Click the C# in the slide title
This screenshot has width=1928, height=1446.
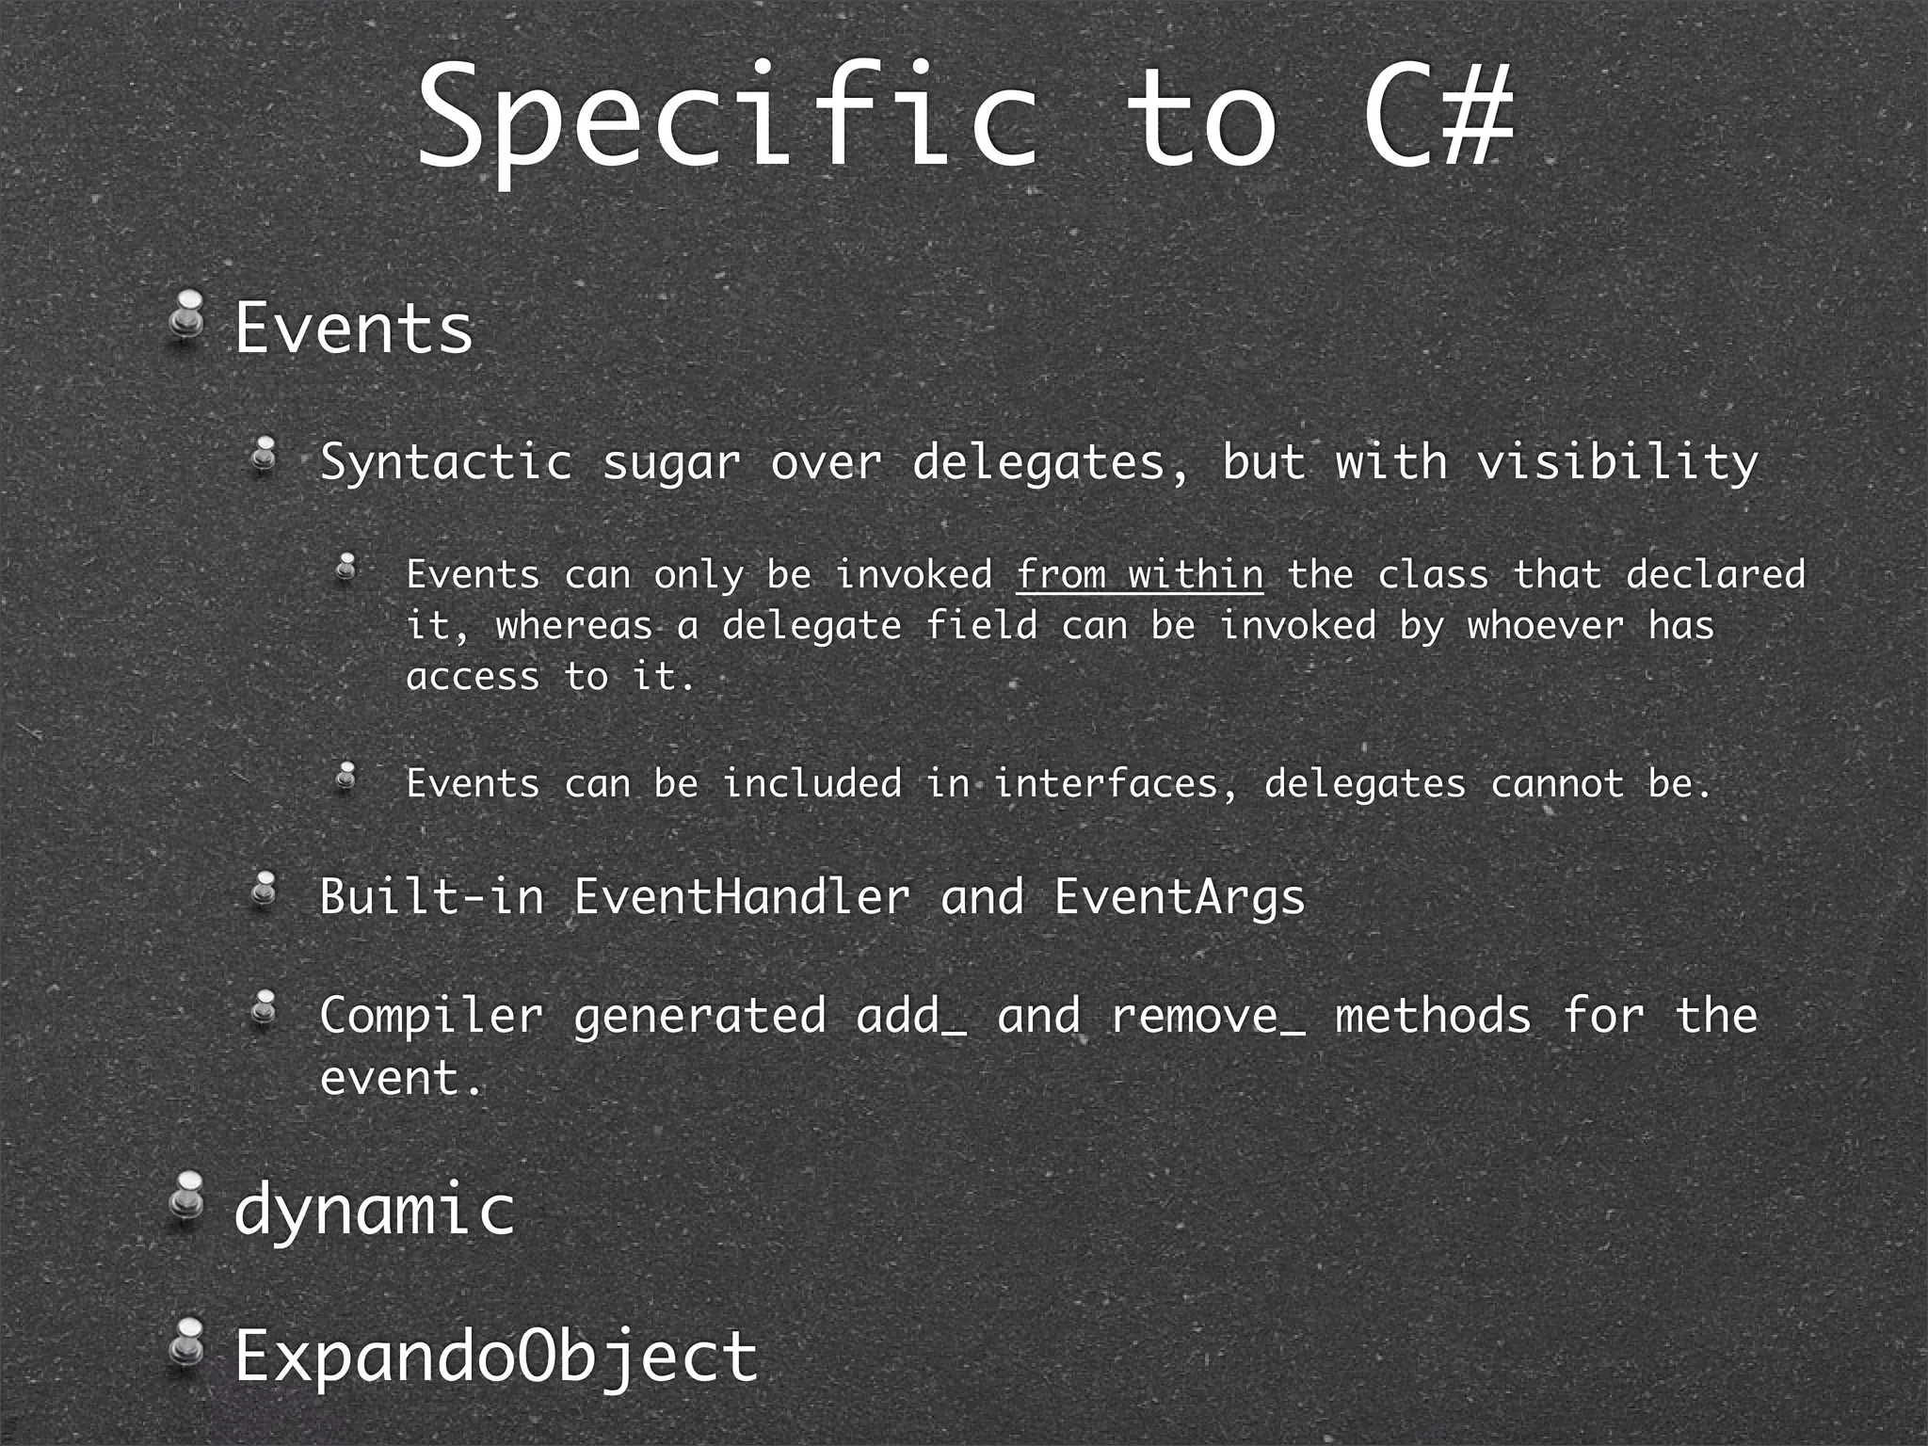click(x=1438, y=116)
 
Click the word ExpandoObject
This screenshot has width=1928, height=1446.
click(x=496, y=1356)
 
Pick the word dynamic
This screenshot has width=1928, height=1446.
click(x=375, y=1211)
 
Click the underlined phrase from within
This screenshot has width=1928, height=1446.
click(x=1139, y=575)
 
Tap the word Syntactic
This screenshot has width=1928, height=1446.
click(x=446, y=462)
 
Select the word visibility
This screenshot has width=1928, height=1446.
click(x=1616, y=462)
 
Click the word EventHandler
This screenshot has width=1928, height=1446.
click(x=742, y=896)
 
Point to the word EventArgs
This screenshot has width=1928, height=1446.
click(x=1179, y=897)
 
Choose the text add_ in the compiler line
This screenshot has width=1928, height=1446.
click(x=910, y=1017)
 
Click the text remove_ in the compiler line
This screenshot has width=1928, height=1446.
click(x=1208, y=1017)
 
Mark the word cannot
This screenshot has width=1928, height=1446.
click(x=1557, y=784)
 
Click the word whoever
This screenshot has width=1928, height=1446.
click(x=1545, y=626)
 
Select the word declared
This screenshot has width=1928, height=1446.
click(x=1715, y=575)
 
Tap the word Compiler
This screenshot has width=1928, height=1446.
click(x=431, y=1017)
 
